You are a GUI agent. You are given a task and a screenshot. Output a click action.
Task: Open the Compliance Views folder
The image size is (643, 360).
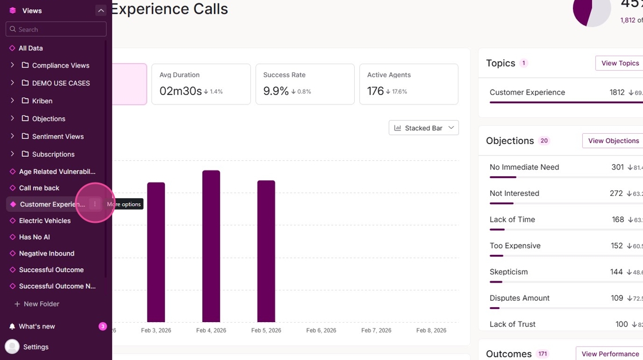coord(60,65)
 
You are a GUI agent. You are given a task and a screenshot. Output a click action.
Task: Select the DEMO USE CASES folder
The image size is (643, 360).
coord(60,83)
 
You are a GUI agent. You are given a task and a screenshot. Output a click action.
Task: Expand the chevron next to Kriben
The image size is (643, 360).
coord(12,101)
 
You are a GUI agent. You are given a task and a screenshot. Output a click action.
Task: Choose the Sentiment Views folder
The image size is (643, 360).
coord(57,137)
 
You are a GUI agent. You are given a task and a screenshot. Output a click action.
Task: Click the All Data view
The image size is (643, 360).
coord(30,48)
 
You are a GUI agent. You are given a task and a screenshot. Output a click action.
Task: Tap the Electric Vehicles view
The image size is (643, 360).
coord(44,220)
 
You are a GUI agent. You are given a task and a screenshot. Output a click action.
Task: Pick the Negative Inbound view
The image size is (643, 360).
coord(47,253)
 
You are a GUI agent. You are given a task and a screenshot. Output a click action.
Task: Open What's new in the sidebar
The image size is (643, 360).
coord(37,326)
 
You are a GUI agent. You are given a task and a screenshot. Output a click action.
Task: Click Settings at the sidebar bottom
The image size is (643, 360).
coord(36,347)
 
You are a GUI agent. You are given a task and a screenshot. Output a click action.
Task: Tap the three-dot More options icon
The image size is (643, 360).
coord(95,204)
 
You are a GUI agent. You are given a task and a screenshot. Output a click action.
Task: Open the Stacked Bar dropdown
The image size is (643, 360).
coord(423,128)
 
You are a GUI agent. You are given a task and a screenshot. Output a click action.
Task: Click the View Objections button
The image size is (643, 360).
coord(613,141)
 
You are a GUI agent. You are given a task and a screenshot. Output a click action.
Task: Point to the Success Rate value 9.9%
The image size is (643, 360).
coord(276,91)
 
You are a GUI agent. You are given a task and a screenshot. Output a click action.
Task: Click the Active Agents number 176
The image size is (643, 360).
coord(375,91)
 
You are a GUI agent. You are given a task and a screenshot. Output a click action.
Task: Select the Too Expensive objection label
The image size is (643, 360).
coord(515,246)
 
